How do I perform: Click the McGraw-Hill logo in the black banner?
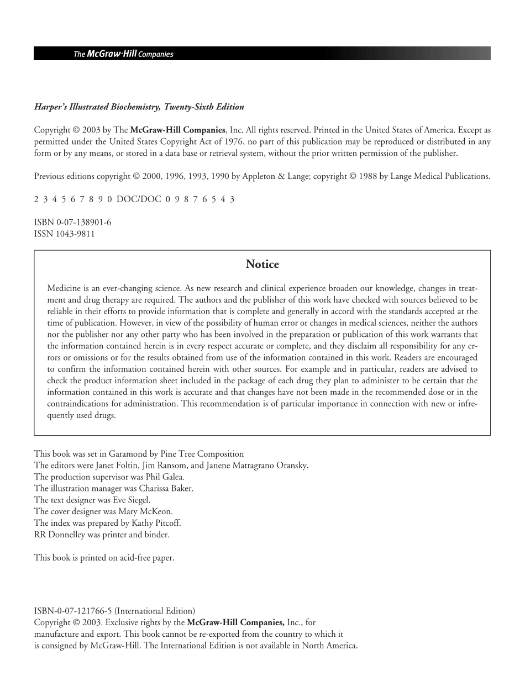click(x=123, y=54)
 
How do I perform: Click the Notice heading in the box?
click(x=262, y=265)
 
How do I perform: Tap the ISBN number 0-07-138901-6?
click(x=83, y=222)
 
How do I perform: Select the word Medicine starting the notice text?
click(x=64, y=288)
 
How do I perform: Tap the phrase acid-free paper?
click(x=148, y=558)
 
